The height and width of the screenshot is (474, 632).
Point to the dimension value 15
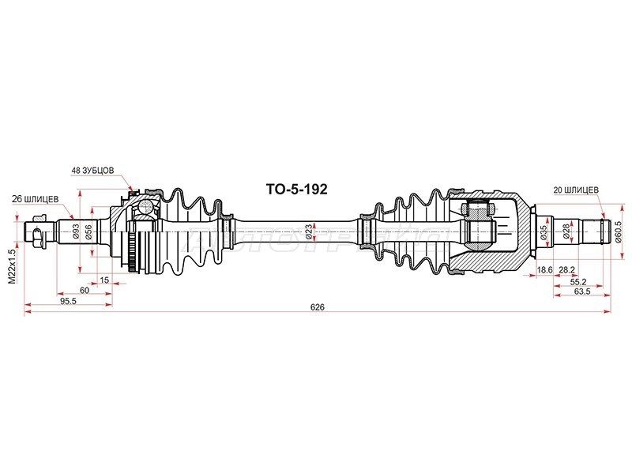click(x=104, y=280)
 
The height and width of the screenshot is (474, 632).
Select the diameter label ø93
click(x=76, y=231)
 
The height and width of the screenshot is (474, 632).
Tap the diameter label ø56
click(x=89, y=231)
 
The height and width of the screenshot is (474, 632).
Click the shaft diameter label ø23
click(x=318, y=231)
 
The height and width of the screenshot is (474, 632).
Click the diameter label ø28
click(x=565, y=231)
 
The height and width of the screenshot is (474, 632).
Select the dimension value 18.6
click(x=545, y=269)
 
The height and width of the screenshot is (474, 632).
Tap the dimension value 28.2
click(x=566, y=269)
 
